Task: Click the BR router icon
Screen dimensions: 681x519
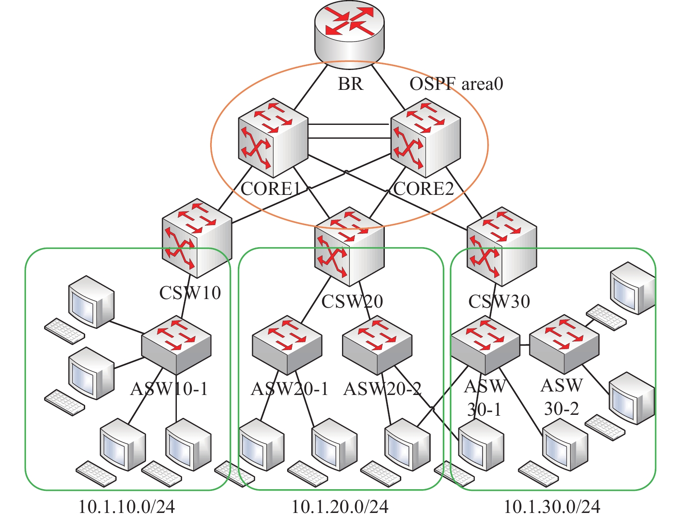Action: pos(349,34)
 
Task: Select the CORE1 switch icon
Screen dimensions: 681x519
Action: pos(273,138)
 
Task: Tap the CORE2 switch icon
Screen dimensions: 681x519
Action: pos(425,138)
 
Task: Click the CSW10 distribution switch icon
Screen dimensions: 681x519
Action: pos(197,238)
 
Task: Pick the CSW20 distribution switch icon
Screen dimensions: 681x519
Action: pos(349,246)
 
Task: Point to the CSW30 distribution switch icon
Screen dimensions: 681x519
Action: pos(502,246)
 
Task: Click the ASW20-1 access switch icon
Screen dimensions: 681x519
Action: pos(287,345)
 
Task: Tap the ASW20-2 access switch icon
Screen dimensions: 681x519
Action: pos(377,345)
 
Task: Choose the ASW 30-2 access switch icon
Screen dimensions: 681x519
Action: pos(564,344)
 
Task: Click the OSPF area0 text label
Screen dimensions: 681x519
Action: pos(456,84)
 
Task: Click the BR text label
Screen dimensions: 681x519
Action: pos(350,84)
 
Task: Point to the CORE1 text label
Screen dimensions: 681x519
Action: pos(271,188)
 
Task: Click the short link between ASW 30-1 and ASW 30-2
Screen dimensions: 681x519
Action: pos(524,345)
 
